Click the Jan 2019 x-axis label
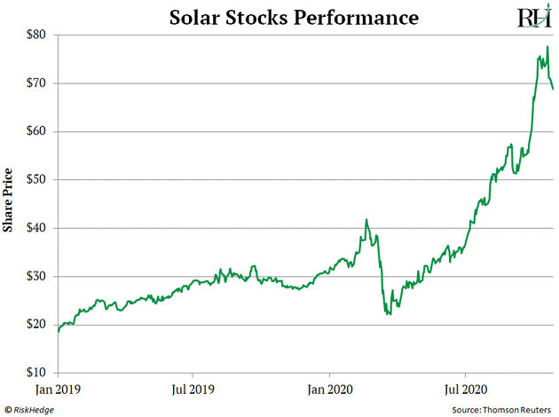point(57,388)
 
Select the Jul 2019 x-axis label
point(193,388)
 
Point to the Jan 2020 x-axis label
point(330,388)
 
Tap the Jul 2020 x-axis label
point(465,388)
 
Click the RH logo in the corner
point(532,18)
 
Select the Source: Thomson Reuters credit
point(503,408)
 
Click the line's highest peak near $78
point(547,47)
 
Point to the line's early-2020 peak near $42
point(366,219)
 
